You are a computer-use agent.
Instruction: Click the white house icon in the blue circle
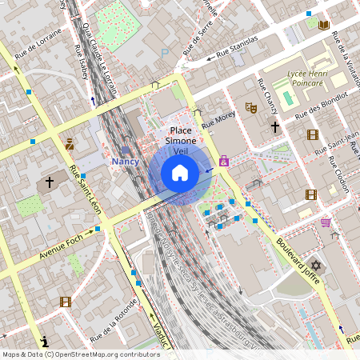pyautogui.click(x=180, y=172)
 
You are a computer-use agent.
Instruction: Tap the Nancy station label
pyautogui.click(x=125, y=161)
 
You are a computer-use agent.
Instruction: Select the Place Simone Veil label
pyautogui.click(x=180, y=140)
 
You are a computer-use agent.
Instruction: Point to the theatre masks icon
pyautogui.click(x=250, y=106)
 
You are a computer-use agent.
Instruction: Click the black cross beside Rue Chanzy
pyautogui.click(x=274, y=126)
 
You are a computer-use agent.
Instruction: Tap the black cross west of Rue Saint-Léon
pyautogui.click(x=49, y=182)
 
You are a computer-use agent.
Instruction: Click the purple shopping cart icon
pyautogui.click(x=326, y=222)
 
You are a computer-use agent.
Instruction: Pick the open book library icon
pyautogui.click(x=323, y=25)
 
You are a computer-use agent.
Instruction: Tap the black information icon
pyautogui.click(x=45, y=339)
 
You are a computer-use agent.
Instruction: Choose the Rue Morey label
pyautogui.click(x=218, y=119)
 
